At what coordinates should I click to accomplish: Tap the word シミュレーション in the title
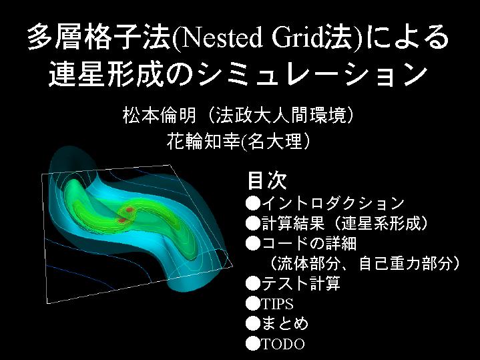click(x=312, y=74)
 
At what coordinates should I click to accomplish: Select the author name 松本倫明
click(x=159, y=115)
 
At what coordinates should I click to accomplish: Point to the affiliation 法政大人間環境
click(x=280, y=115)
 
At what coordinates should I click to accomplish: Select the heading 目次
click(x=267, y=180)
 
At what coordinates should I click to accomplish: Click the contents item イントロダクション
click(x=332, y=203)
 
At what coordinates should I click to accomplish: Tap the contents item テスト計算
click(x=301, y=283)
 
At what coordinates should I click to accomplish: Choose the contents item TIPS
click(x=277, y=304)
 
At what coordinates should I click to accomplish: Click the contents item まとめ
click(x=284, y=323)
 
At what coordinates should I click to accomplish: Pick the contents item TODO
click(x=283, y=344)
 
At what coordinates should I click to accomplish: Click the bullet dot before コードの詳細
click(x=253, y=244)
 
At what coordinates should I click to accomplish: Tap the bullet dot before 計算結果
click(x=253, y=223)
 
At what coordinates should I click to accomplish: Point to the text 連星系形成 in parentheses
click(x=379, y=223)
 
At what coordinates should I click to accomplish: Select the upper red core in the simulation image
click(x=130, y=210)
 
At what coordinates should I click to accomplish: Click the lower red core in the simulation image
click(x=122, y=220)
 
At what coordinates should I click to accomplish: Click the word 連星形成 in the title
click(x=106, y=74)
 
